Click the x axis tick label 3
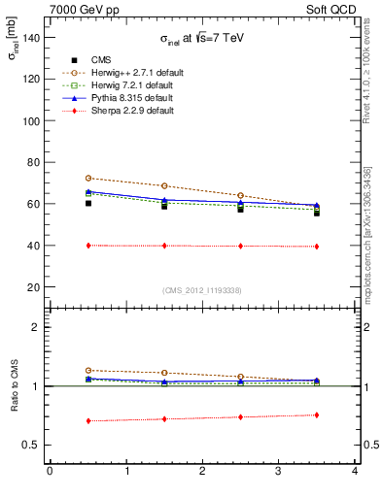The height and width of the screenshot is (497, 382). coord(279,471)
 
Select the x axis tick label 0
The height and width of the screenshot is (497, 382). coord(50,471)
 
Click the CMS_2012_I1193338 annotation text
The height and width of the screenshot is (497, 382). coord(202,290)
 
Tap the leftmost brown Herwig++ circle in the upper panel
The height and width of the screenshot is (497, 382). coord(88,179)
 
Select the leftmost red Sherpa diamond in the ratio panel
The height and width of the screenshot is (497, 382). coord(88,421)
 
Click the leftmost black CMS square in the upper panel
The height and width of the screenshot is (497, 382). coord(88,204)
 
